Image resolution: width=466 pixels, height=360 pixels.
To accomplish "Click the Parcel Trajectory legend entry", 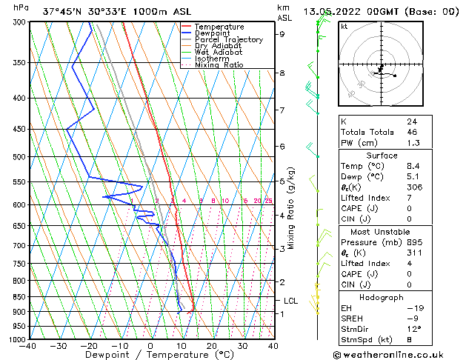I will tap(228, 39).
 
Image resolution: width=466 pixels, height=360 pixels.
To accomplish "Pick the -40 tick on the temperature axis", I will tap(28, 346).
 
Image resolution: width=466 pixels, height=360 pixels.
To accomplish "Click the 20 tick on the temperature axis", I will tap(212, 346).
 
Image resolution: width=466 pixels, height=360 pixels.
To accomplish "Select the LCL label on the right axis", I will tap(291, 301).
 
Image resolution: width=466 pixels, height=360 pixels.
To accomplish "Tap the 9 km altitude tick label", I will tap(282, 34).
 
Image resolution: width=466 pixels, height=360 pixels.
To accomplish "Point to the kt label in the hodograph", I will tap(344, 27).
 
